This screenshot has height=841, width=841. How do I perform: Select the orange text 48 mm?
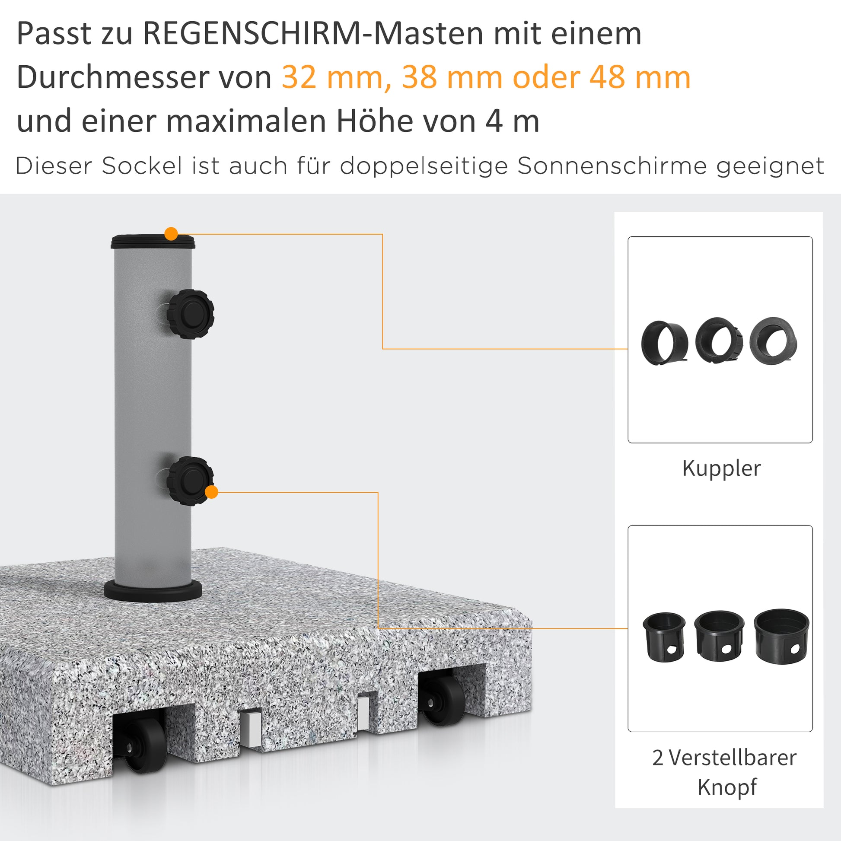(x=640, y=77)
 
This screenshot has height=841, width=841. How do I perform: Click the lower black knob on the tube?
(x=190, y=481)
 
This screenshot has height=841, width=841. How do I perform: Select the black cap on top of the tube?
(x=153, y=241)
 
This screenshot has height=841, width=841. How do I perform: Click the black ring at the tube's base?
(x=153, y=591)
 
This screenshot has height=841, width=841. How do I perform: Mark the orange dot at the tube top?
(x=171, y=234)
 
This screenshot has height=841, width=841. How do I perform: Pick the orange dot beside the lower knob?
(x=211, y=492)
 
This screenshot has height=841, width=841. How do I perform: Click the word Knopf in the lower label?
(x=727, y=787)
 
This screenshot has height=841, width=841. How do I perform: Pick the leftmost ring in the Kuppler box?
(x=664, y=343)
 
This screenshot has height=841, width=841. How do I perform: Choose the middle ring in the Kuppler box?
(x=719, y=340)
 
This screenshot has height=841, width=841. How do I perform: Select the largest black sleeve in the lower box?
(x=781, y=636)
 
